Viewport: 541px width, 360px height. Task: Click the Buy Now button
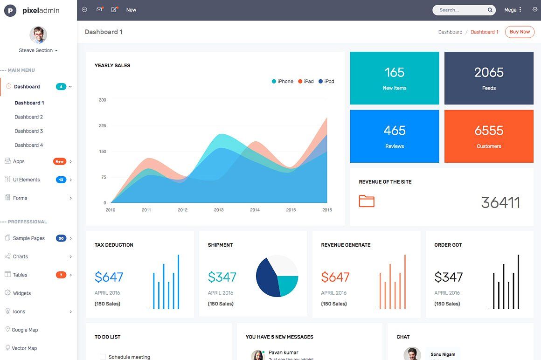pyautogui.click(x=520, y=32)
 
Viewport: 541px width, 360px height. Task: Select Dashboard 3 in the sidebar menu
pyautogui.click(x=29, y=131)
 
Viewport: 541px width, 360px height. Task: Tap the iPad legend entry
pyautogui.click(x=306, y=81)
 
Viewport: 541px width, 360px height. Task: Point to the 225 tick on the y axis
pyautogui.click(x=103, y=125)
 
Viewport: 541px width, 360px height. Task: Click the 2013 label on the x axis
pyautogui.click(x=219, y=210)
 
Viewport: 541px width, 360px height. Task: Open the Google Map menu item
pyautogui.click(x=25, y=330)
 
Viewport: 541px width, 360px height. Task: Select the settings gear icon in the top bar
pyautogui.click(x=535, y=9)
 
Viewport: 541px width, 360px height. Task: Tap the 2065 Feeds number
pyautogui.click(x=489, y=72)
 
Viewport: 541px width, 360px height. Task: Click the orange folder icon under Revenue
pyautogui.click(x=367, y=201)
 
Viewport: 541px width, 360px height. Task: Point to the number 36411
pyautogui.click(x=500, y=202)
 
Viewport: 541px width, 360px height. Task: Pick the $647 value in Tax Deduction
pyautogui.click(x=109, y=277)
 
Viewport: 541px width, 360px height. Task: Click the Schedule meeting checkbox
pyautogui.click(x=103, y=357)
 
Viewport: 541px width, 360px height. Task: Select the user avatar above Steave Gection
pyautogui.click(x=38, y=35)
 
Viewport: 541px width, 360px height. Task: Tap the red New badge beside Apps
pyautogui.click(x=59, y=161)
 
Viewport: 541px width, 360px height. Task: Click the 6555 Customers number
pyautogui.click(x=489, y=131)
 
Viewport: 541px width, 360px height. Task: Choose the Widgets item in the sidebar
pyautogui.click(x=22, y=293)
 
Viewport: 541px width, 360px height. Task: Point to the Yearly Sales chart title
pyautogui.click(x=112, y=65)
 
